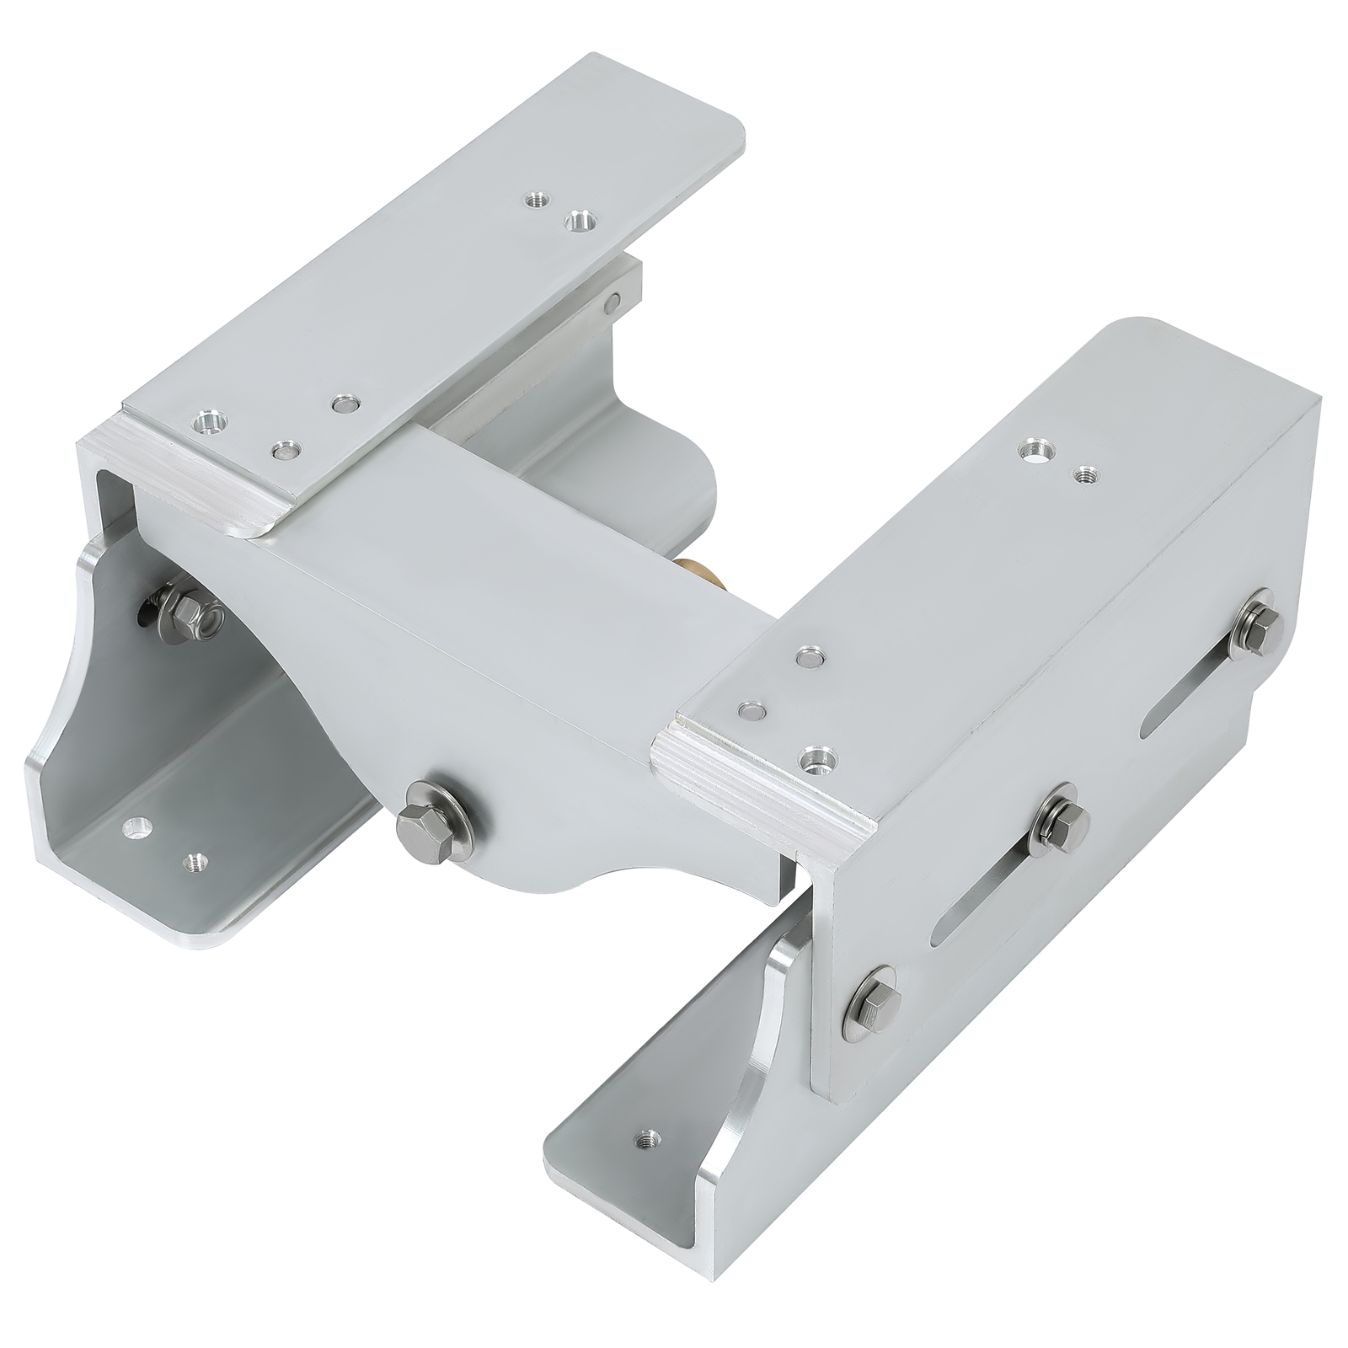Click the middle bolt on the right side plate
coord(1060,819)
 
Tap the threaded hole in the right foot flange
coord(647,1138)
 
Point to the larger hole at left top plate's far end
coord(579,222)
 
